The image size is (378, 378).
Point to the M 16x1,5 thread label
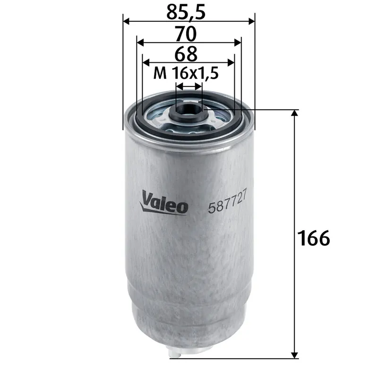click(x=188, y=73)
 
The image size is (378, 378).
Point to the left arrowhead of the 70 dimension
click(x=140, y=42)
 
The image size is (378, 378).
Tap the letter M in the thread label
click(x=161, y=74)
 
